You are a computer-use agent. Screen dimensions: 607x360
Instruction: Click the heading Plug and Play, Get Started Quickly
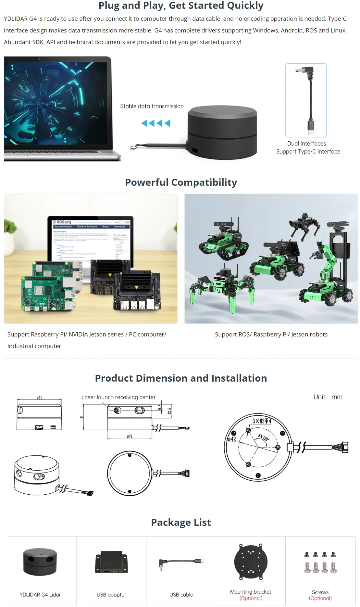point(181,6)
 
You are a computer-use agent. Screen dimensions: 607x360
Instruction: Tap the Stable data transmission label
point(152,106)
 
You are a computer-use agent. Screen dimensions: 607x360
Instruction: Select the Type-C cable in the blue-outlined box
point(306,100)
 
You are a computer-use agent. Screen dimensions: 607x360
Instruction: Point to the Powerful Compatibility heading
point(181,182)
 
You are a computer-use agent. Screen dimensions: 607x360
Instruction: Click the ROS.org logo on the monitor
point(62,222)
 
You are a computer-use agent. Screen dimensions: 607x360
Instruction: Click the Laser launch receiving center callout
point(118,397)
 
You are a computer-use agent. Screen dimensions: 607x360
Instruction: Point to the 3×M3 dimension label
point(262,421)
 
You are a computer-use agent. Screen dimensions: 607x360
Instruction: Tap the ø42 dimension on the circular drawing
point(232,439)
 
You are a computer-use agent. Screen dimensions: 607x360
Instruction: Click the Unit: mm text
point(328,397)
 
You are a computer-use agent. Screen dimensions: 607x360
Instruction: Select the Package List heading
point(181,522)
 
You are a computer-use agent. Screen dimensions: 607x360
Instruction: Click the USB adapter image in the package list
point(111,562)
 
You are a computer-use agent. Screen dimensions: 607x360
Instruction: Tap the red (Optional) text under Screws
point(320,598)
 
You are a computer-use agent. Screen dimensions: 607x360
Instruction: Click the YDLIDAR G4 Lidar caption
point(40,595)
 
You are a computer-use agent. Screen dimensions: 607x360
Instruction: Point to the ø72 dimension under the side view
point(130,436)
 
